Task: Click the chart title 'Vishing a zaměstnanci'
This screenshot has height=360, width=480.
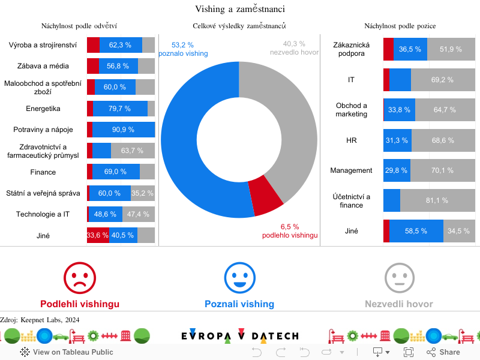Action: (x=239, y=9)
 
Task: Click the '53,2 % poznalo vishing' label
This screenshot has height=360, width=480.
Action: (x=182, y=49)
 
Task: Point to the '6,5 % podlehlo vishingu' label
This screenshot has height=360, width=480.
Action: (x=290, y=231)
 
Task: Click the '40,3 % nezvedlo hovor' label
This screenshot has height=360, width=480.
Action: (x=294, y=48)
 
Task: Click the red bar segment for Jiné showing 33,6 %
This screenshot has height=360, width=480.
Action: (x=98, y=235)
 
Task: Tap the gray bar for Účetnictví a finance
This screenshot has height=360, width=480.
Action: (x=437, y=200)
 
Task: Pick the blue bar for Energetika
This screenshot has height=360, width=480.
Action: (x=120, y=109)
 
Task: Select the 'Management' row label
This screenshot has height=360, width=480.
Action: (x=351, y=170)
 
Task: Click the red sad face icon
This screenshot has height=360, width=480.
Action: (x=80, y=278)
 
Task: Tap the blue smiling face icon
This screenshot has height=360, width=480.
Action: (x=239, y=278)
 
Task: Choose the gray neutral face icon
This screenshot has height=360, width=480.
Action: (x=399, y=278)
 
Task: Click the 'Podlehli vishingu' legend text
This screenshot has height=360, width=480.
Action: (x=80, y=304)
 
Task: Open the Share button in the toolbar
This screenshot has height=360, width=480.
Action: (x=443, y=352)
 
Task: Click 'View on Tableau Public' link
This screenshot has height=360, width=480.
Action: (x=67, y=352)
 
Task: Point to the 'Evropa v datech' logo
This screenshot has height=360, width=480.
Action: (x=239, y=336)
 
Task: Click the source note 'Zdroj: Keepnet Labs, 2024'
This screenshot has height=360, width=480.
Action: (x=40, y=320)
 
